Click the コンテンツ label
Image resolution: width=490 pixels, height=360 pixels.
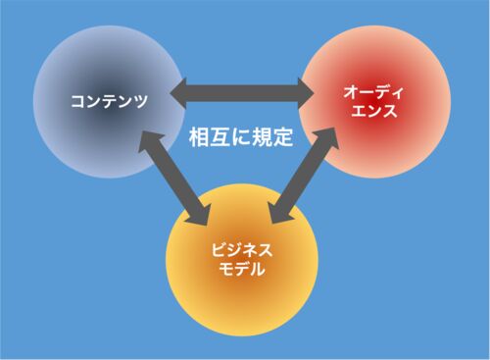[x=109, y=101]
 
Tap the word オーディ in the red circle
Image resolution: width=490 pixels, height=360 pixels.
[x=373, y=92]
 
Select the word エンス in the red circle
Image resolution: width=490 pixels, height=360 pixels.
[x=374, y=111]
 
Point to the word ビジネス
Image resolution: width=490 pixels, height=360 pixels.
[x=242, y=250]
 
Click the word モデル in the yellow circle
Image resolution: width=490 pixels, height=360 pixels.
[x=242, y=269]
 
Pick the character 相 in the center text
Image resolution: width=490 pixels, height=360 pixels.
[x=199, y=137]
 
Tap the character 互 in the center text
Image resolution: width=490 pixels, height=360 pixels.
[x=220, y=137]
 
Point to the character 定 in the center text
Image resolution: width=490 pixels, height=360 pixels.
[x=282, y=137]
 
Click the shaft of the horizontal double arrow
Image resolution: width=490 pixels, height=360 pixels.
[x=242, y=93]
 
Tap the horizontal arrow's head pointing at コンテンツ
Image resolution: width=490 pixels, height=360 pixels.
[x=178, y=93]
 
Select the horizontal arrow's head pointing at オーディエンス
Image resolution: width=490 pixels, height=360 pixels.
[x=306, y=93]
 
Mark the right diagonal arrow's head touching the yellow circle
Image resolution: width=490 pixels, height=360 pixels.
[x=281, y=214]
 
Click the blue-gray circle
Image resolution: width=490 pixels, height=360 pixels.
[x=109, y=102]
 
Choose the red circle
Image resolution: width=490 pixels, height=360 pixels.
[x=374, y=102]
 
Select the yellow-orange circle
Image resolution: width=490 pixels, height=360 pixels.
[x=242, y=260]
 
